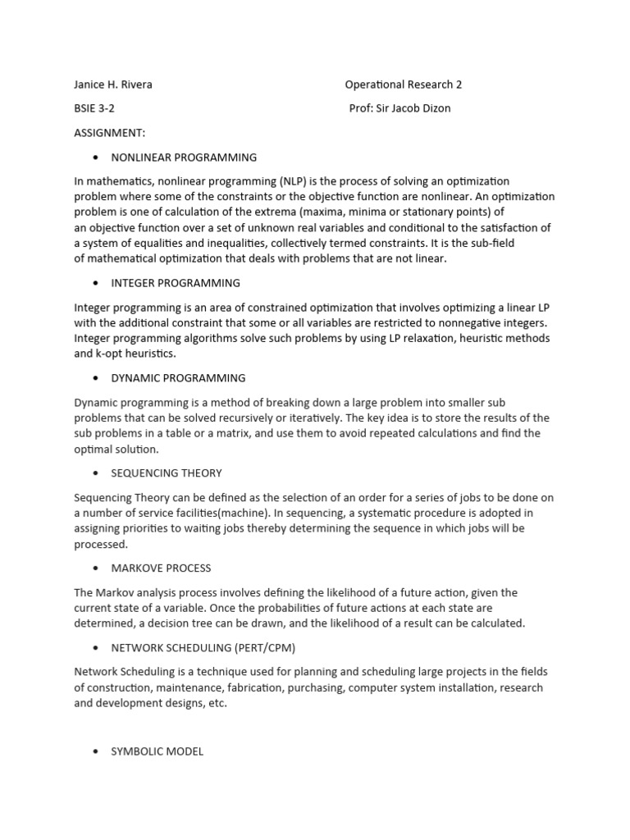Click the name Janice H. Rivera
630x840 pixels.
[112, 84]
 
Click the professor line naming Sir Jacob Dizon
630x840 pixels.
[399, 108]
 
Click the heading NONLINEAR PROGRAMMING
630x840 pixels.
[184, 157]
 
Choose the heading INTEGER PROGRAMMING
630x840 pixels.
[176, 283]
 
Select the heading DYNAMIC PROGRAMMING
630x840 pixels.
[178, 378]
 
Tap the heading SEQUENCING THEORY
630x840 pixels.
[167, 473]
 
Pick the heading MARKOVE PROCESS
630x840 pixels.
[161, 568]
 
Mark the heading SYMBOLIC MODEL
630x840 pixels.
[157, 751]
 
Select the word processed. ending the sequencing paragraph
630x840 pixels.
[101, 544]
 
